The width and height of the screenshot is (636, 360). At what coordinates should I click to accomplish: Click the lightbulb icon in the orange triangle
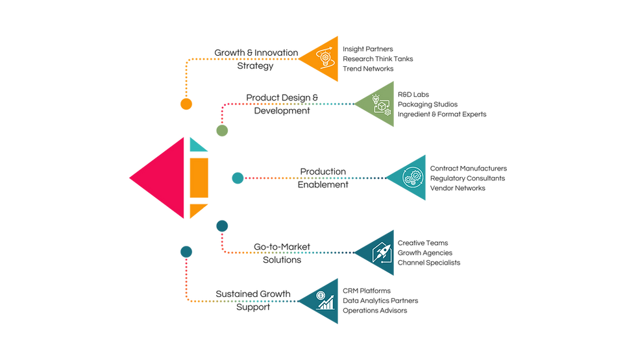(x=324, y=58)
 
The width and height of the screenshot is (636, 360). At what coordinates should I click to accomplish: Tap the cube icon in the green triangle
(x=381, y=104)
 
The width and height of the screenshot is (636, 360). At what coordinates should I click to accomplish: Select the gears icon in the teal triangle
(x=413, y=177)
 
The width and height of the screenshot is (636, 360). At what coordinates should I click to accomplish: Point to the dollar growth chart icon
(x=325, y=299)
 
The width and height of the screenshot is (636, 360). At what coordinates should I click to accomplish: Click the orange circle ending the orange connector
(x=187, y=104)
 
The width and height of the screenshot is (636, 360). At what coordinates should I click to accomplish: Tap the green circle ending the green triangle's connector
(x=222, y=131)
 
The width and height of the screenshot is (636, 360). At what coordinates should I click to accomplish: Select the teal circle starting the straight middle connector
(x=238, y=178)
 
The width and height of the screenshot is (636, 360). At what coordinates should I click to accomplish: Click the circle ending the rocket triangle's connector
(x=222, y=225)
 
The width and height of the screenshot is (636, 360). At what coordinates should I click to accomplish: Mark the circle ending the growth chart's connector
(x=187, y=250)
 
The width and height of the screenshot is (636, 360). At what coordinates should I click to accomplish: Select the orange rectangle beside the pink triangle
(x=199, y=177)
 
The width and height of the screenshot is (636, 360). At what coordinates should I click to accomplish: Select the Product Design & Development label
(x=282, y=104)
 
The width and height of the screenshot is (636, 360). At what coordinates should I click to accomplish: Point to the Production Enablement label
(x=323, y=178)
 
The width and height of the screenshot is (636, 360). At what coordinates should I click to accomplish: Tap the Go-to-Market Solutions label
(x=282, y=253)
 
